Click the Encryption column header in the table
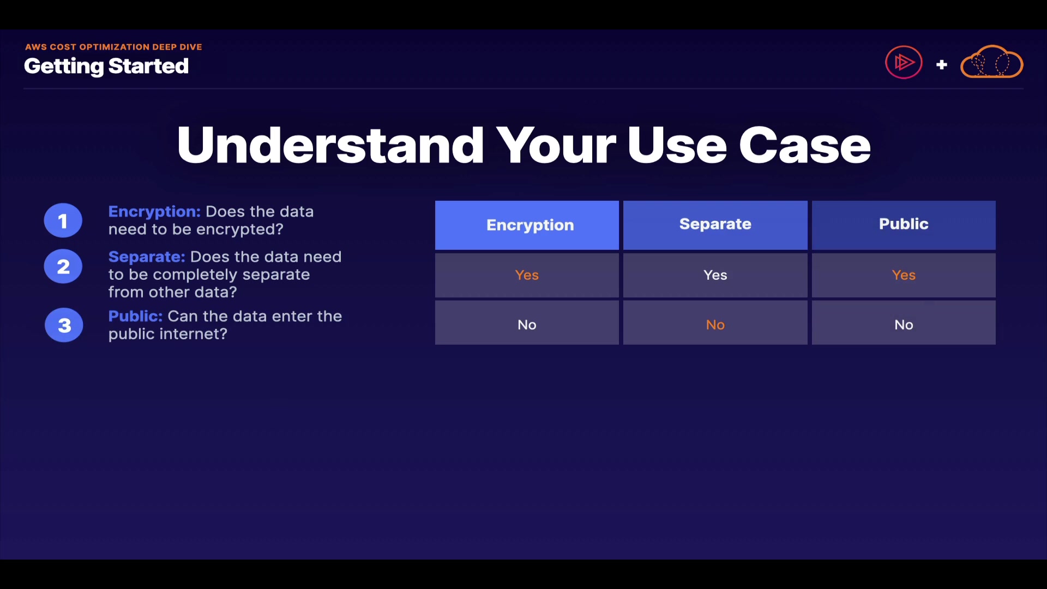[x=527, y=225]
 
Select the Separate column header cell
[x=715, y=225]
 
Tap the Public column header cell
[x=904, y=225]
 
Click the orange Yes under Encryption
[x=527, y=275]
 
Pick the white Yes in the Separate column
[x=715, y=275]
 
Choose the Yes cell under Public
[x=904, y=275]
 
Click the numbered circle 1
[x=63, y=221]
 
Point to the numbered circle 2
[x=63, y=267]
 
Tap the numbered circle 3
[x=64, y=325]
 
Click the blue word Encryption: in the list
[x=154, y=212]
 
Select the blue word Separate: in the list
[x=147, y=257]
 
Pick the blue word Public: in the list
[x=135, y=316]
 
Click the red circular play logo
[x=904, y=62]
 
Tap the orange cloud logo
[x=991, y=62]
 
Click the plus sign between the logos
[x=941, y=65]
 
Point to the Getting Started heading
[x=106, y=67]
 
